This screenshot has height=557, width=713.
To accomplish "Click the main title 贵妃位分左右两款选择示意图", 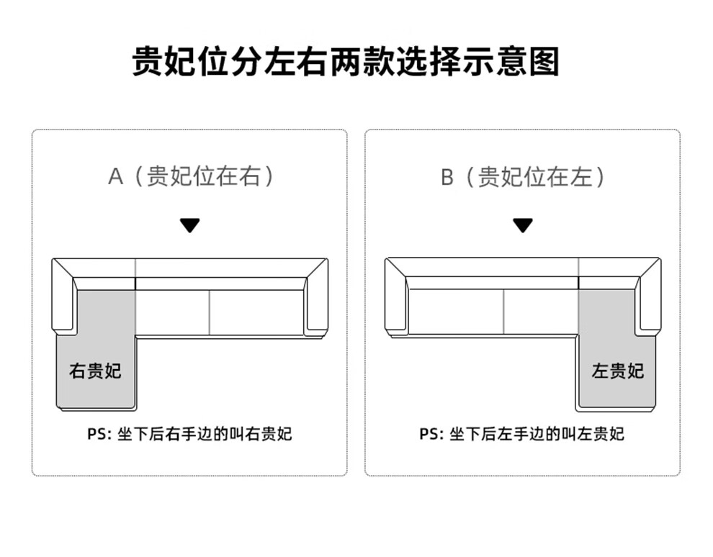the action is [346, 62].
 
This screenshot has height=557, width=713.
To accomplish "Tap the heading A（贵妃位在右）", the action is [190, 176].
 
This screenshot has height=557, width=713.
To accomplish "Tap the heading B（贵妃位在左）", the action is [523, 176].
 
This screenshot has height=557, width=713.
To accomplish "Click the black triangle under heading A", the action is [190, 225].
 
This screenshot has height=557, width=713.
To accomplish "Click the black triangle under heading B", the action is [523, 225].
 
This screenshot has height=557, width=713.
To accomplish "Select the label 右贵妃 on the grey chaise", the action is [95, 371].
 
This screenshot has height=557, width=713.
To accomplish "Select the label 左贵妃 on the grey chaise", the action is [618, 371].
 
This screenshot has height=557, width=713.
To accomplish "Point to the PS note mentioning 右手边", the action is [190, 434].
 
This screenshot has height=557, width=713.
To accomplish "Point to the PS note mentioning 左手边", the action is [523, 434].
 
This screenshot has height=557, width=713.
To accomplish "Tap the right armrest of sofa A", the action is [316, 302].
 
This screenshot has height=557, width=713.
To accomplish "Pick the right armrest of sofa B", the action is [649, 302].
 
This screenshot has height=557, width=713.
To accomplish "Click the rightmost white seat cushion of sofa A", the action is [256, 312].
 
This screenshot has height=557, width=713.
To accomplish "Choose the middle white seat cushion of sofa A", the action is [172, 312].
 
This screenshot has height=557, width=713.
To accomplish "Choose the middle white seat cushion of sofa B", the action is [540, 312].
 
